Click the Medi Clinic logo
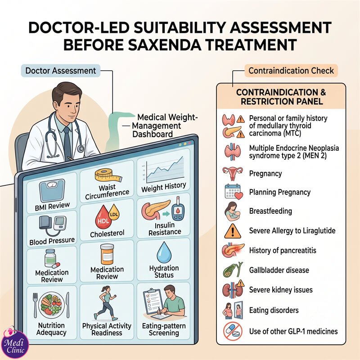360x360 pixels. pyautogui.click(x=14, y=343)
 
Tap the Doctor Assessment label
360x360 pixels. pyautogui.click(x=61, y=71)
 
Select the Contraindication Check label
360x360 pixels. pyautogui.click(x=291, y=71)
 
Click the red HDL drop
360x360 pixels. pyautogui.click(x=103, y=217)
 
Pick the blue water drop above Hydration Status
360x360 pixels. pyautogui.click(x=164, y=252)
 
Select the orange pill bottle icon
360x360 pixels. pyautogui.click(x=107, y=255)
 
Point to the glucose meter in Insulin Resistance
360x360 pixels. pyautogui.click(x=178, y=209)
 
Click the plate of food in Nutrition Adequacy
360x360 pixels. pyautogui.click(x=51, y=305)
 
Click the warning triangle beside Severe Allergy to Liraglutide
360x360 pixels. pyautogui.click(x=233, y=231)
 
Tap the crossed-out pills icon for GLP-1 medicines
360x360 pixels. pyautogui.click(x=233, y=331)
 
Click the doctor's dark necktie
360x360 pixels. pyautogui.click(x=67, y=142)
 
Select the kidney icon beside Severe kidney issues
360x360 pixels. pyautogui.click(x=232, y=289)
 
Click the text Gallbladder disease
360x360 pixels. pyautogui.click(x=279, y=270)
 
